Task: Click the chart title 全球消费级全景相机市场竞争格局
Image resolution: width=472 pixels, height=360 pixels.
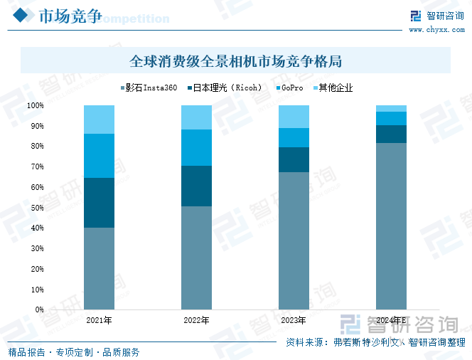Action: (x=236, y=61)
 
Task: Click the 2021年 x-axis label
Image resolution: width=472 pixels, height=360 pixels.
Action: (x=99, y=321)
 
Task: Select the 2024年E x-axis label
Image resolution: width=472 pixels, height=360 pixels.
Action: (x=391, y=321)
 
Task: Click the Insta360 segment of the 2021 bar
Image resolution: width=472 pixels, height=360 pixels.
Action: (x=99, y=269)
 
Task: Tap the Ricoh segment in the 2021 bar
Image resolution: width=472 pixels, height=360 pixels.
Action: (x=99, y=203)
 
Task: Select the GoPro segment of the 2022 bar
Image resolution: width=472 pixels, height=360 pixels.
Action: (x=196, y=147)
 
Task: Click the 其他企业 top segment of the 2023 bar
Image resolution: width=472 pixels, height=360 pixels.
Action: (x=294, y=117)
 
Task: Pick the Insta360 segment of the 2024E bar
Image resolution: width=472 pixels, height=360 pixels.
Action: (x=391, y=226)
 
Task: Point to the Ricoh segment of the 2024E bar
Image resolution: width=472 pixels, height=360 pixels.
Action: (x=391, y=134)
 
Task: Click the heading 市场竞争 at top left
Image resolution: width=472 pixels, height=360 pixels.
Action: (x=69, y=16)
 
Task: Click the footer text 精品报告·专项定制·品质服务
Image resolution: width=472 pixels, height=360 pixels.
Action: (x=74, y=352)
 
